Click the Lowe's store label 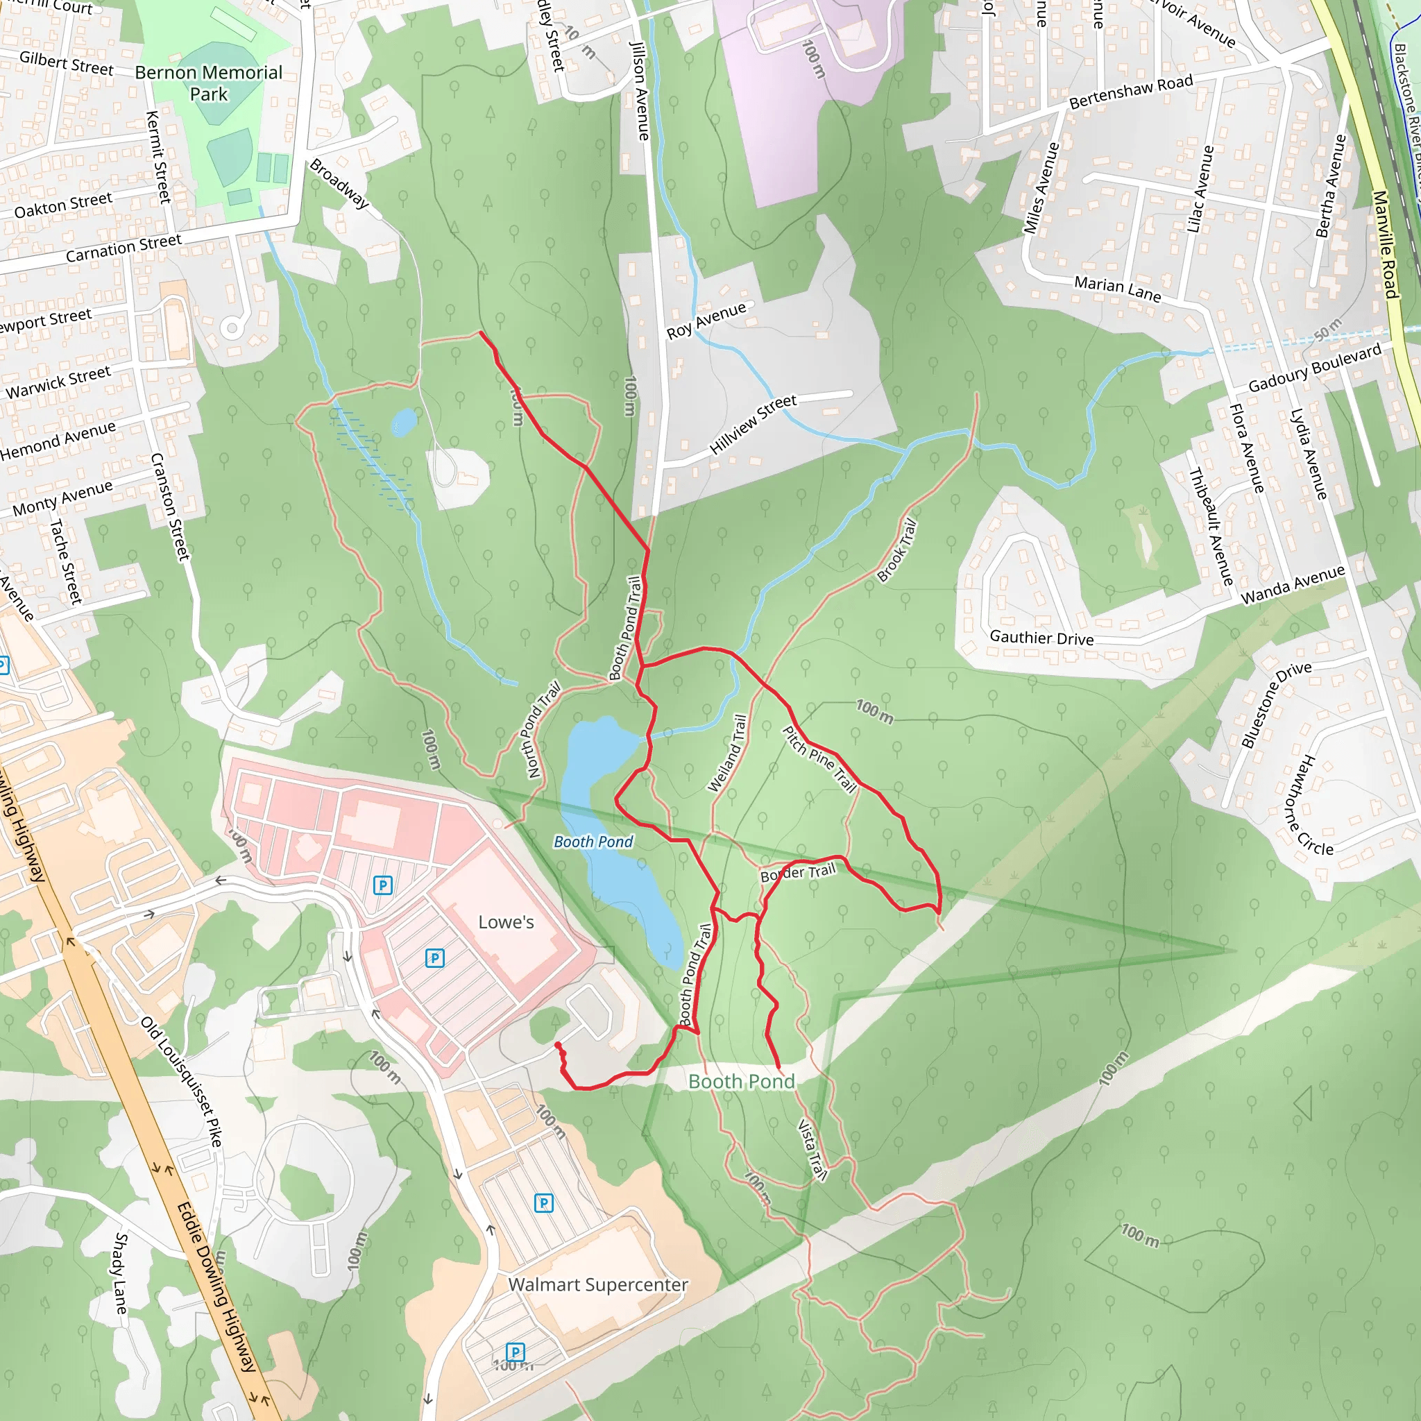(506, 922)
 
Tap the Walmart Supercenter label (598, 1284)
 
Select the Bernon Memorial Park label (209, 83)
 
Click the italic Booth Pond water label (593, 842)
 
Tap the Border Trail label (798, 873)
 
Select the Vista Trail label (812, 1150)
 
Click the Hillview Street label (752, 425)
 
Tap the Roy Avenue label (706, 321)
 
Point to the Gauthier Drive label (1041, 638)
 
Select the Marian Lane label (1117, 289)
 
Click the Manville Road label (1385, 244)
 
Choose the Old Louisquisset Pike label (181, 1081)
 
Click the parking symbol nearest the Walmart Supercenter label (543, 1203)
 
